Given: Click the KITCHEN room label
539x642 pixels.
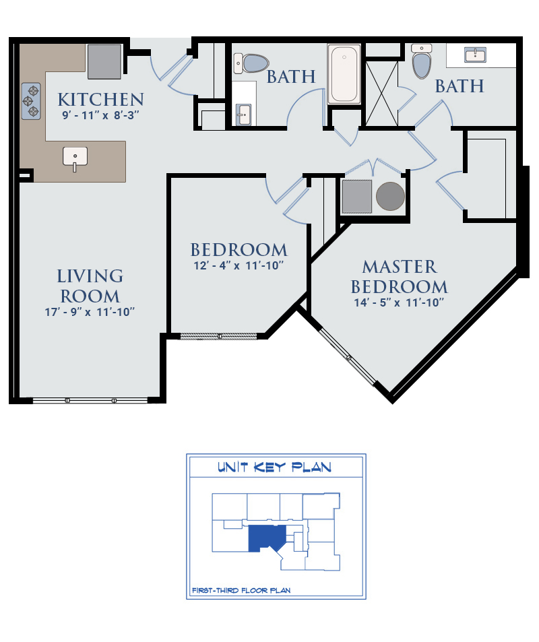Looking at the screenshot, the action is point(101,100).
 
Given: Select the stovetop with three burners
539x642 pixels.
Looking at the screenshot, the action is point(31,101).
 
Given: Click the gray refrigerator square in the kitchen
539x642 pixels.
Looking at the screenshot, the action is point(104,62).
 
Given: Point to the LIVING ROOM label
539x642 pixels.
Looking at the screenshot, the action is point(90,286).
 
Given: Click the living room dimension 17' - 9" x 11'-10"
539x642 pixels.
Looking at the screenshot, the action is point(90,312).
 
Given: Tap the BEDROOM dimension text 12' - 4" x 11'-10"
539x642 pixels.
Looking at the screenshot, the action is point(239,265).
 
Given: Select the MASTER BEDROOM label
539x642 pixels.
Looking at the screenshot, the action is point(400,277).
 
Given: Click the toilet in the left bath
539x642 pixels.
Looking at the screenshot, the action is point(251,63).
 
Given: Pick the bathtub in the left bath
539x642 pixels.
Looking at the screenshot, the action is point(344,73).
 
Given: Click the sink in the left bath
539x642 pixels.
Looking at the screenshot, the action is point(243,115).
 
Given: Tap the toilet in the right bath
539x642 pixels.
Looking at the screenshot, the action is point(422,61).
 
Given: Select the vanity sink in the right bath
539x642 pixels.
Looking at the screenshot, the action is point(475,55).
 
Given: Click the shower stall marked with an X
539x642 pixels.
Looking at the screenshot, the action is point(382,93).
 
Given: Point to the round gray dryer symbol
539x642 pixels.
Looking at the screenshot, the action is point(390,197).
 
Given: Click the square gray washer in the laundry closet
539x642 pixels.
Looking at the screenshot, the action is point(356,197).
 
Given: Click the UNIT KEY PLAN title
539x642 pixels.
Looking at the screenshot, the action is point(274,467).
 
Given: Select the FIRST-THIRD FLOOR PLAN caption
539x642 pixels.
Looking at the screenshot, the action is point(241,590).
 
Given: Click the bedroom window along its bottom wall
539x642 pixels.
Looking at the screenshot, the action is point(219,336).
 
